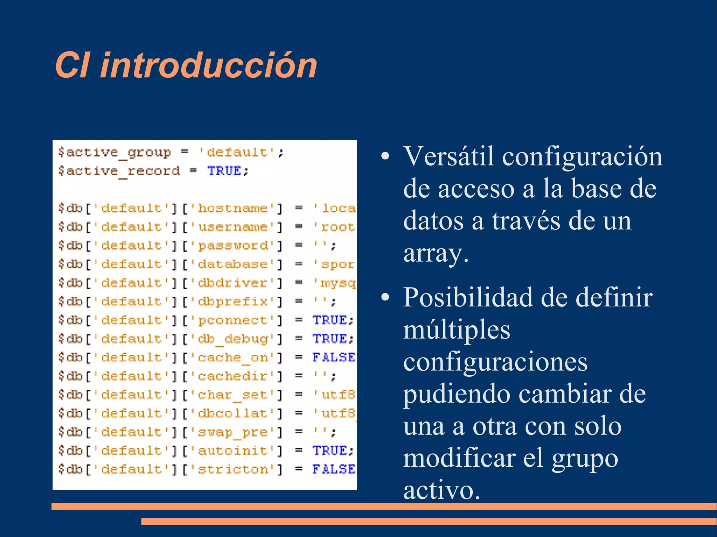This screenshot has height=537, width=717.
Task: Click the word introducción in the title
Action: pyautogui.click(x=209, y=65)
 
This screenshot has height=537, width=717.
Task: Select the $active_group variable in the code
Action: pyautogui.click(x=114, y=153)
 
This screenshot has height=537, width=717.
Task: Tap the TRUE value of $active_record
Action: pyautogui.click(x=224, y=171)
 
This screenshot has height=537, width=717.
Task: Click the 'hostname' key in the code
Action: pyautogui.click(x=233, y=209)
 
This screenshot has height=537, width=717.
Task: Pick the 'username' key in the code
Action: pyautogui.click(x=233, y=227)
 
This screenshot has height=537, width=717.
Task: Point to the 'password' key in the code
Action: pyautogui.click(x=233, y=246)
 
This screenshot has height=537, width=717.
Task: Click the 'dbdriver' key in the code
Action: pyautogui.click(x=233, y=283)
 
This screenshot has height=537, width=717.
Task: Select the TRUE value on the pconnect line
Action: pyautogui.click(x=329, y=320)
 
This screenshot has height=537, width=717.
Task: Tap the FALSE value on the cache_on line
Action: pyautogui.click(x=334, y=357)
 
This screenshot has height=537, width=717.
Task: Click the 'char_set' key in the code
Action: pyautogui.click(x=233, y=395)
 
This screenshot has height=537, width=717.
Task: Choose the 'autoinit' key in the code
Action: pyautogui.click(x=233, y=451)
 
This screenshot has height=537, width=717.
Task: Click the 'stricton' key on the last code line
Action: pyautogui.click(x=233, y=469)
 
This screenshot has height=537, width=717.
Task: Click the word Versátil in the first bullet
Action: pyautogui.click(x=450, y=156)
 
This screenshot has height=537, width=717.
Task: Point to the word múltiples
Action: pyautogui.click(x=457, y=330)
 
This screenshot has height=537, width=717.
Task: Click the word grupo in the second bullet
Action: pyautogui.click(x=585, y=459)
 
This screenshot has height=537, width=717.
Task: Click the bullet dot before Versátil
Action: pyautogui.click(x=385, y=156)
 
